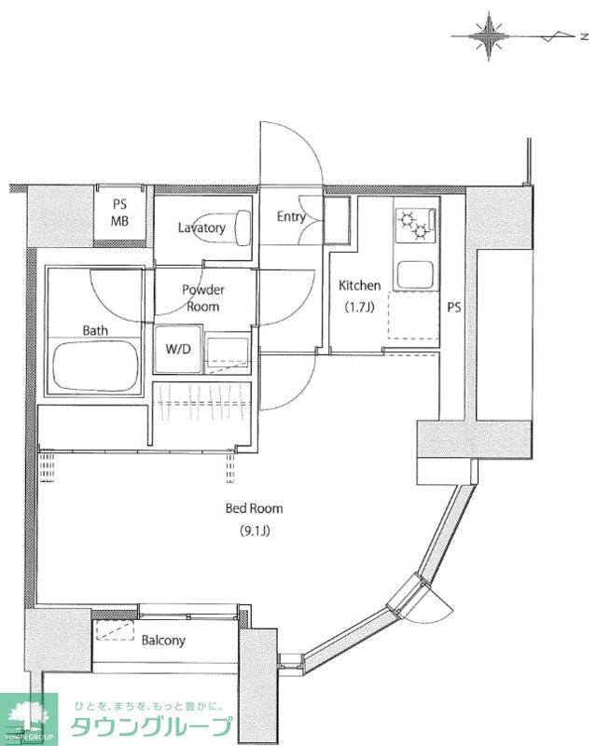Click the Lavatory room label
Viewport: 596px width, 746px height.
click(201, 228)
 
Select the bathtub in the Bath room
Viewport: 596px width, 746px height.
click(96, 366)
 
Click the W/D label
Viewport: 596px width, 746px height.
click(178, 349)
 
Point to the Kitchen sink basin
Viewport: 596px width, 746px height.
click(415, 274)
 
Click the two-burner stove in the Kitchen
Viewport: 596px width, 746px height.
click(416, 225)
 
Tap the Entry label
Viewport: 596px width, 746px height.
click(291, 217)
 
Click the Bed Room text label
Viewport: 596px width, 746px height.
click(254, 508)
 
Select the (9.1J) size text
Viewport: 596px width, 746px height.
click(255, 530)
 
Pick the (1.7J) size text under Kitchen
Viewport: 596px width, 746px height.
click(359, 307)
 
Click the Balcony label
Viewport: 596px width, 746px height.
click(163, 641)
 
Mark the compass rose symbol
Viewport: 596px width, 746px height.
click(489, 36)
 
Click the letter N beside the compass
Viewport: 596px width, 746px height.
click(584, 36)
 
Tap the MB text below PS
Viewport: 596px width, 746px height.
click(119, 221)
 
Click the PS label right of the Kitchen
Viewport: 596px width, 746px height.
click(453, 308)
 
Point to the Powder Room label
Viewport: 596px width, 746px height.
click(203, 297)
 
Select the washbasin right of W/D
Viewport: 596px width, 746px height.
click(227, 353)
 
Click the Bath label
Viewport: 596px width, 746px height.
click(95, 330)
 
